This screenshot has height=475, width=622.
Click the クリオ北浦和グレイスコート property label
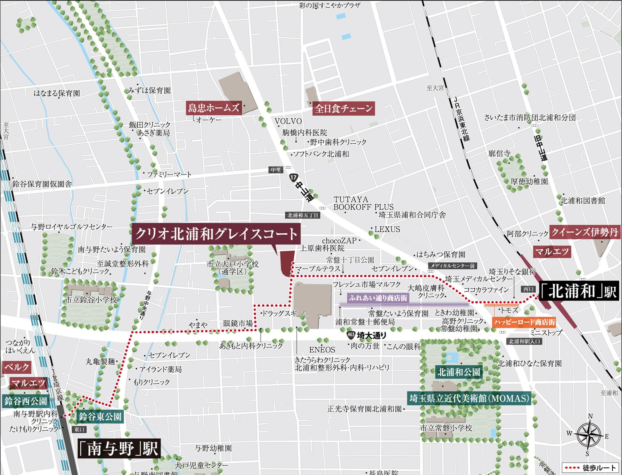coord(216,234)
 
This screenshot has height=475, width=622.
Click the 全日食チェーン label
coord(343,109)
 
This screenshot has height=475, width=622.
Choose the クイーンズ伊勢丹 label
coord(584,232)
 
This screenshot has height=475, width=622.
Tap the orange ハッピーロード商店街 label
coord(524,322)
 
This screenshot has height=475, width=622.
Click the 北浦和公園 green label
coord(459,372)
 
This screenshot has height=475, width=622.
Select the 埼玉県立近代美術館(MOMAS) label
coord(469,399)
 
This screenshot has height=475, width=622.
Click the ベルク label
coord(17,367)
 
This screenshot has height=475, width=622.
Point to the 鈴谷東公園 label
coord(100,417)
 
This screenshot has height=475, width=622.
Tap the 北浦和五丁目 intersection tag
coord(302,215)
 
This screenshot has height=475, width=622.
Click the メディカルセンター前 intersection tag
coord(452,266)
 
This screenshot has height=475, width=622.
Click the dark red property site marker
coord(287,263)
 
